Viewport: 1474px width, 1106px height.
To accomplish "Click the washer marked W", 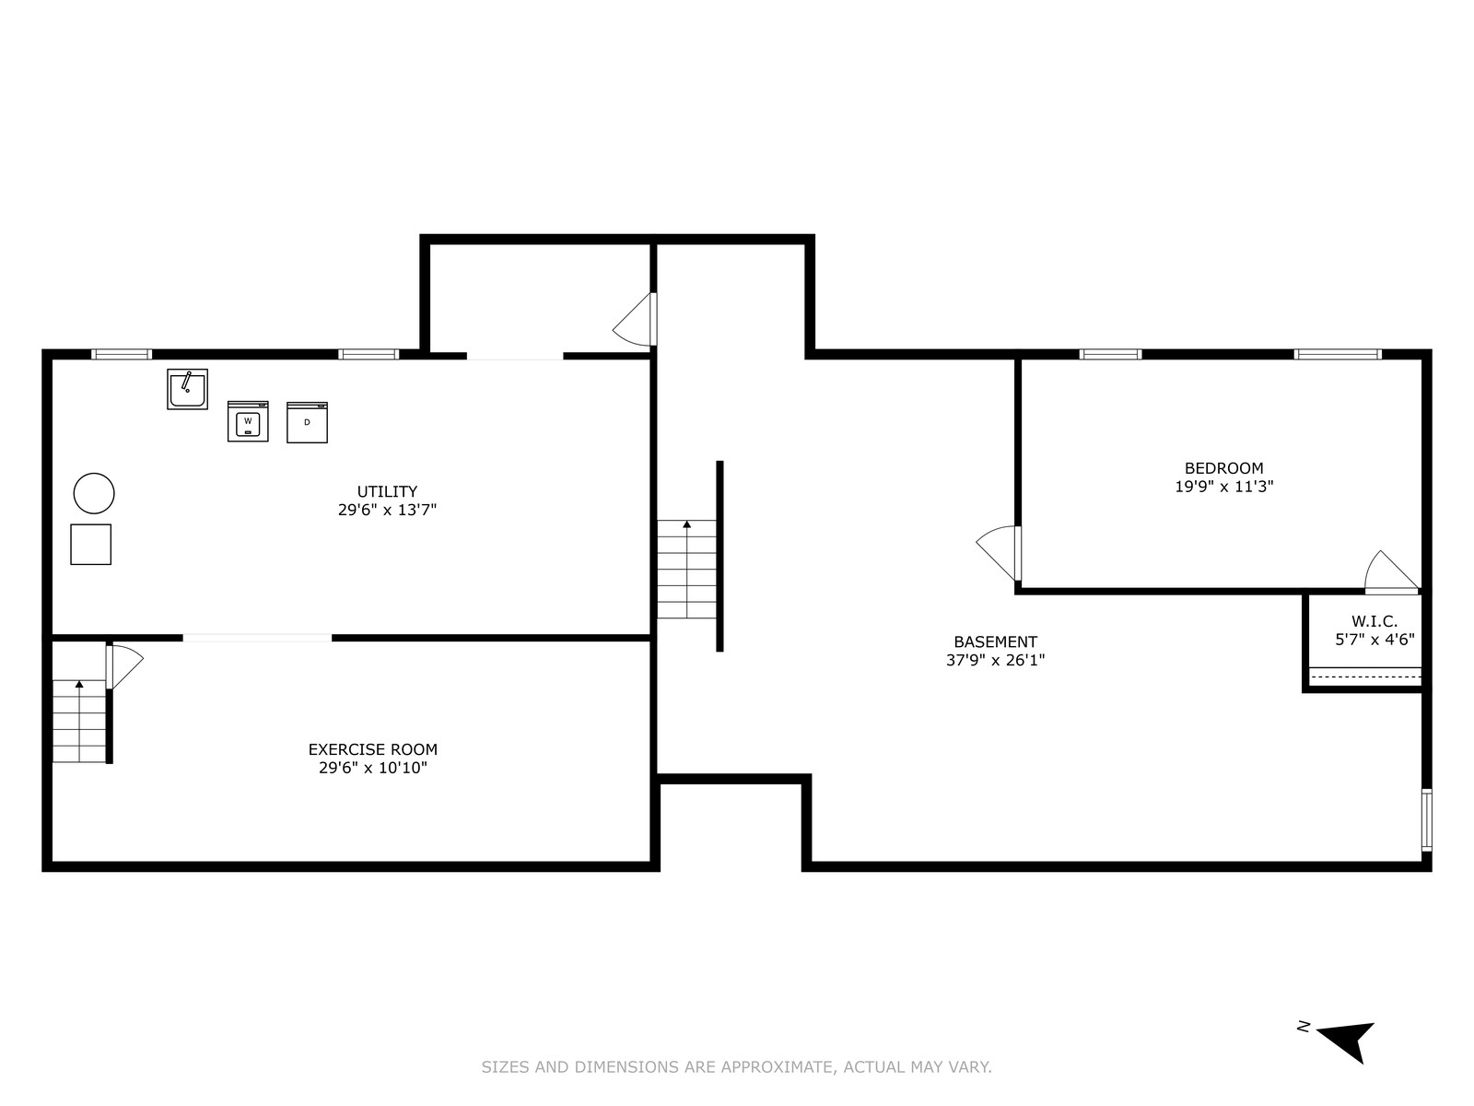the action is pos(248,421).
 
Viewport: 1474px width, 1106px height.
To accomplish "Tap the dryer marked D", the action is pos(307,422).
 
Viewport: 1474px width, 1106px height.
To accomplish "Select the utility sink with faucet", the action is pos(187,389).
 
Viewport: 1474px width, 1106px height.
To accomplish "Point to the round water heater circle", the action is pos(94,494).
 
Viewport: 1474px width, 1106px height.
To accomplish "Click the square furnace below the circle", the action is pos(90,544).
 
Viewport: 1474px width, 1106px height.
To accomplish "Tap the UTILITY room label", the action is pos(387,491).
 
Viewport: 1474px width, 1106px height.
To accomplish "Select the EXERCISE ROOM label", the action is pos(373,748).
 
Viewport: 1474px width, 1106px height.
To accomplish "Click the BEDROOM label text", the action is pos(1223,468).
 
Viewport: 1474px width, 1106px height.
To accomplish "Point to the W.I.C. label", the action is pos(1375,621).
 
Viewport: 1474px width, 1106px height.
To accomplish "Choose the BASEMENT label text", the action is pos(995,641).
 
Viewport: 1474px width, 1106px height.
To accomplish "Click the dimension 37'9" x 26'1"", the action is pos(995,660).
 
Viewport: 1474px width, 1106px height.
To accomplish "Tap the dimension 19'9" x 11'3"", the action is pos(1223,487).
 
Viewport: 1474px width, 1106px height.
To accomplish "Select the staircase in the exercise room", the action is pos(79,721).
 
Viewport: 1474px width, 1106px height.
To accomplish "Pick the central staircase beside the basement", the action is pos(686,569).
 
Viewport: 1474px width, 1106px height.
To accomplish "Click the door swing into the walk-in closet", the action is pos(1392,572).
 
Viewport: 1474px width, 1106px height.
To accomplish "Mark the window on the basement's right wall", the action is pos(1426,820).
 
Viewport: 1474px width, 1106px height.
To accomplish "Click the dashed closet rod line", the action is pos(1365,677).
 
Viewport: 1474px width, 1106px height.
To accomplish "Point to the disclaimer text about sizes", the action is pos(736,1065).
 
